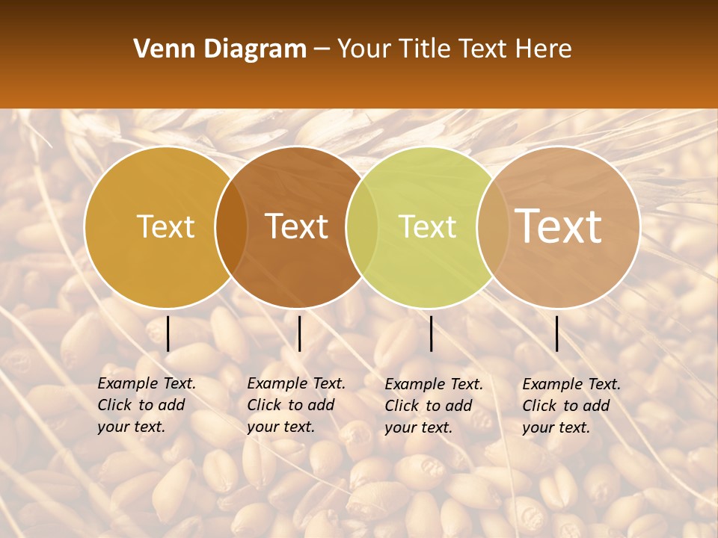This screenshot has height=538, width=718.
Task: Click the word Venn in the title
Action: [159, 49]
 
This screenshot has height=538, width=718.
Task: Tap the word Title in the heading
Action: [425, 49]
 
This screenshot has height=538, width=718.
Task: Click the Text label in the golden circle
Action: [165, 226]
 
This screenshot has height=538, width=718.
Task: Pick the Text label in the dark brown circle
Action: [296, 226]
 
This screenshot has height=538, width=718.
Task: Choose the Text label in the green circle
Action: [427, 226]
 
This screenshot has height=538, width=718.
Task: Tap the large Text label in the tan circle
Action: [558, 226]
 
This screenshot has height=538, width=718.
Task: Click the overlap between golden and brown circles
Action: [231, 227]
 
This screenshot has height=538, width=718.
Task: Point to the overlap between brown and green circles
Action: [362, 227]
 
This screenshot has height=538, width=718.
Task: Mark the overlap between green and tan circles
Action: [493, 227]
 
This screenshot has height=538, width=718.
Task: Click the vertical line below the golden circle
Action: [168, 333]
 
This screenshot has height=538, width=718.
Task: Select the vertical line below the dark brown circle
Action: [299, 333]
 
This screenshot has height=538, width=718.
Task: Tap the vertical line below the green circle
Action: [431, 333]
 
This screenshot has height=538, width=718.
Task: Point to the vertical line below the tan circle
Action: [557, 333]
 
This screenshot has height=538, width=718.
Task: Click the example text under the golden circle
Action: [147, 405]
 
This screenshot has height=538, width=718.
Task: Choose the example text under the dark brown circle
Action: [296, 405]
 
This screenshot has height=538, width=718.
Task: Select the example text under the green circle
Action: [434, 406]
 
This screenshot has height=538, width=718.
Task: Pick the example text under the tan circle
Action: [571, 406]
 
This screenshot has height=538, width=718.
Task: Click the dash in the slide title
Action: [322, 49]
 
